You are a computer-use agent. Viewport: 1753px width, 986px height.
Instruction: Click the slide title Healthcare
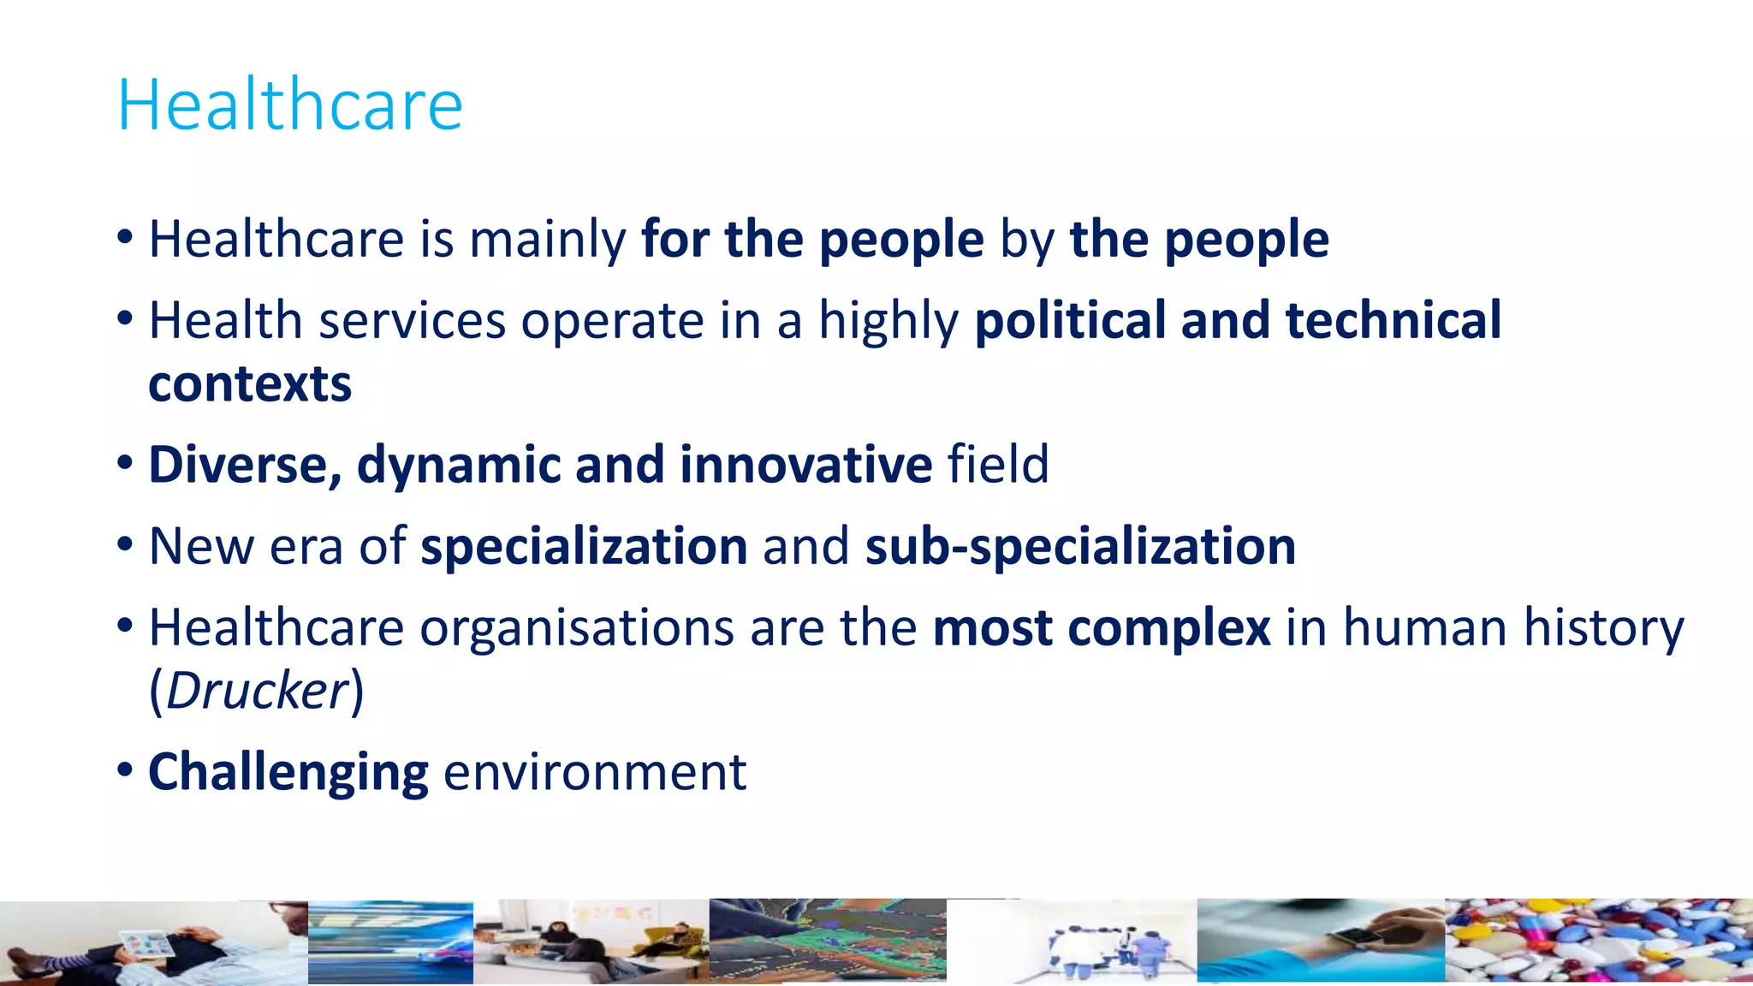tap(289, 104)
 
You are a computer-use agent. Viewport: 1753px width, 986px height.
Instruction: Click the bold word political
tap(1070, 320)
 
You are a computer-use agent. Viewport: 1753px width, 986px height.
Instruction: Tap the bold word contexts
tap(250, 384)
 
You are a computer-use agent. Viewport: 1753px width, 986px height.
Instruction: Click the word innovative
tap(805, 465)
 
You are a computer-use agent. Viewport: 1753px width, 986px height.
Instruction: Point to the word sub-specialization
tap(1080, 546)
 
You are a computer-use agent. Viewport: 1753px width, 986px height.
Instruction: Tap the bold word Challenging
tap(288, 772)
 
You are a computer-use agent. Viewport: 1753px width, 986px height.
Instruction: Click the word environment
tap(595, 772)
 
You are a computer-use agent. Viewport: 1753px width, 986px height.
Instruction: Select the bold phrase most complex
tap(1102, 627)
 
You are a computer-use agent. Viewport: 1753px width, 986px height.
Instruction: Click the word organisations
tap(577, 627)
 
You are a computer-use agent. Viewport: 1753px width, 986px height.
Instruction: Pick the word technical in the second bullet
tap(1393, 320)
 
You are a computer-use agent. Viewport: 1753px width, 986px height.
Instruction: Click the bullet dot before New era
tap(126, 544)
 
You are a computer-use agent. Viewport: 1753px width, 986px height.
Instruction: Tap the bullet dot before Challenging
tap(126, 770)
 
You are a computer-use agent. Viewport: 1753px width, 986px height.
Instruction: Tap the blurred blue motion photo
tap(390, 941)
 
